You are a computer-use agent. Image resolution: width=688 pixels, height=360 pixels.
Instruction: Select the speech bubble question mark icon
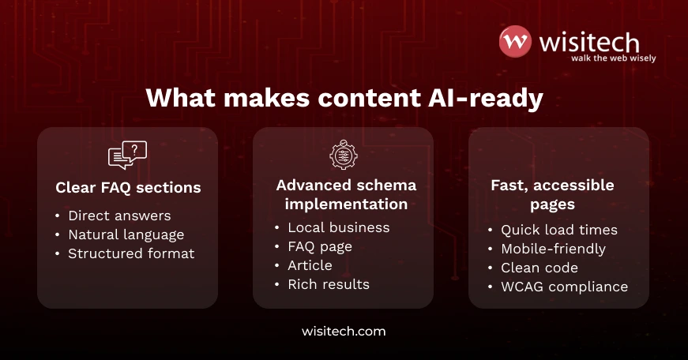(x=127, y=155)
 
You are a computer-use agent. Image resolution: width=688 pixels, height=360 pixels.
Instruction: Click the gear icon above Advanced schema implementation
(x=343, y=155)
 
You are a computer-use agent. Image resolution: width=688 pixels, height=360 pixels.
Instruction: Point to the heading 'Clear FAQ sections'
(x=128, y=188)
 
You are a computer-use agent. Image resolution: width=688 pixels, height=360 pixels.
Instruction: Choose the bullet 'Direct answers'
(x=119, y=216)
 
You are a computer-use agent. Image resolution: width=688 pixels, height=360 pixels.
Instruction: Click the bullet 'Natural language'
(x=126, y=234)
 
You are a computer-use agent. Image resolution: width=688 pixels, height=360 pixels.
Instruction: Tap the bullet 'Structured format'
(x=131, y=253)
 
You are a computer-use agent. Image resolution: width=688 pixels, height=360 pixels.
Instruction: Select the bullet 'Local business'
(x=339, y=227)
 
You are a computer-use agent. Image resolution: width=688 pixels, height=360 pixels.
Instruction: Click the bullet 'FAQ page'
(x=320, y=246)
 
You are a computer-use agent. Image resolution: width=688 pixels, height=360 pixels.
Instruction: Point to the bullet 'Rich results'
(x=329, y=284)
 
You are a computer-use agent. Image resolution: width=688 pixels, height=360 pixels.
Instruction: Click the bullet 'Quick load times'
(x=559, y=230)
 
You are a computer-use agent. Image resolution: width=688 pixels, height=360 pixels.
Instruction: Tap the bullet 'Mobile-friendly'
(x=554, y=249)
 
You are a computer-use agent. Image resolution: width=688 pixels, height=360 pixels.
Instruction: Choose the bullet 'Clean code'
(x=539, y=268)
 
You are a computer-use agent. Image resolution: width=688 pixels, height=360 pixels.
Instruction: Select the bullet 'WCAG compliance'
(x=565, y=287)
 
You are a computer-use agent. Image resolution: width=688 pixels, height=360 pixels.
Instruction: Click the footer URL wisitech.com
(x=344, y=332)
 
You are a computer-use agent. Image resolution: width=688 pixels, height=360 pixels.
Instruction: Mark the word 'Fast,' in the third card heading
(x=509, y=186)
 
